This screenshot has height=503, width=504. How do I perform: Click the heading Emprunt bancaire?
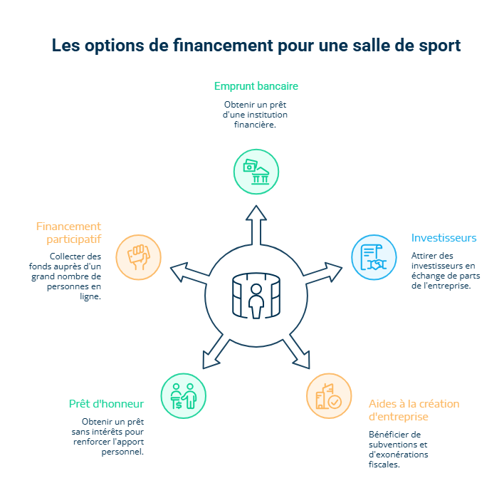(256, 86)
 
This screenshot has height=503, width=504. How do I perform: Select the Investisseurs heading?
(443, 238)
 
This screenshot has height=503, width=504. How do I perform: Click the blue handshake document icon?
(374, 257)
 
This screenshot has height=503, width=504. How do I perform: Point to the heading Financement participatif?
(68, 233)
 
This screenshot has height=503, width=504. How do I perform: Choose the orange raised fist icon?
(138, 256)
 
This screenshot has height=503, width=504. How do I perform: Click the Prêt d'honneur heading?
(106, 404)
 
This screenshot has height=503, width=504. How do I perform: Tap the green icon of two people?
(184, 395)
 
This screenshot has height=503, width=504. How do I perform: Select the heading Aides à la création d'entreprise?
(414, 410)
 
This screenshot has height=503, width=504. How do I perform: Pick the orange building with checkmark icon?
(329, 396)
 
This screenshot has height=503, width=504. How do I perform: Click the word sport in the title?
(435, 45)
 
